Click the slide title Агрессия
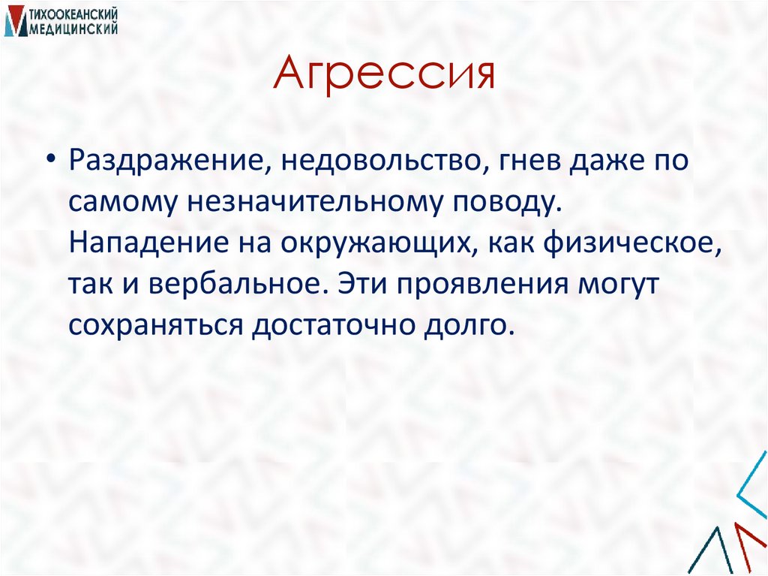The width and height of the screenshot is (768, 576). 384,76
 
